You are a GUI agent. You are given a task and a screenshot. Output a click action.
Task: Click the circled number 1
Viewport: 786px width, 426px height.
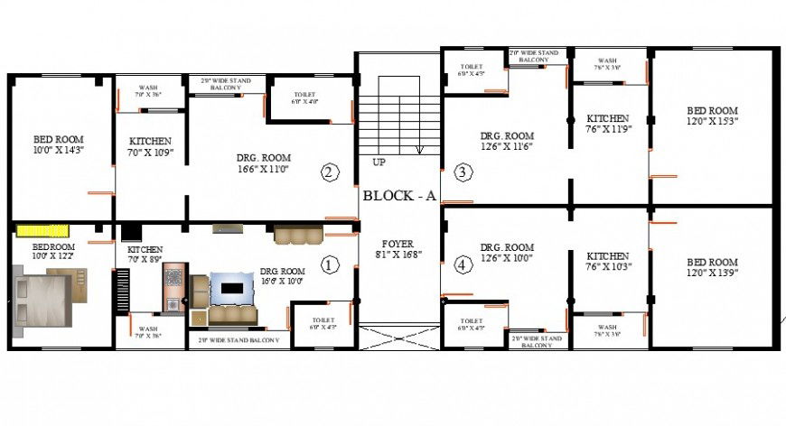(x=330, y=265)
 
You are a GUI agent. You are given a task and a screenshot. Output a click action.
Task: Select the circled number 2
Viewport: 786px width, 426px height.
(x=330, y=171)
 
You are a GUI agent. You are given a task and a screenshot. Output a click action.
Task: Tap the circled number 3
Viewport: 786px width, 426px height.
(x=463, y=171)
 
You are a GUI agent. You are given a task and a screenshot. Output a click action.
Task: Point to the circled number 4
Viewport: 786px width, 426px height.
(x=463, y=265)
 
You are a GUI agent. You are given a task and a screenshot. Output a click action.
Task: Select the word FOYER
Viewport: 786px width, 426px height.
(x=398, y=243)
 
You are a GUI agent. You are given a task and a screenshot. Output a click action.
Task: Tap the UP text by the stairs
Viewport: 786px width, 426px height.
(x=379, y=162)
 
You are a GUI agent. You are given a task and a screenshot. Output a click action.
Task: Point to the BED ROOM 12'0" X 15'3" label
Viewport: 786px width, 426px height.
(x=712, y=115)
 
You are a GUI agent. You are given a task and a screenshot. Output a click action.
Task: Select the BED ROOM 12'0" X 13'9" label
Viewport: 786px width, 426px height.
(x=712, y=268)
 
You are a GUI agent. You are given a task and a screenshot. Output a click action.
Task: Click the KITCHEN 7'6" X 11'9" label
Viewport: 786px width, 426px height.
(x=607, y=124)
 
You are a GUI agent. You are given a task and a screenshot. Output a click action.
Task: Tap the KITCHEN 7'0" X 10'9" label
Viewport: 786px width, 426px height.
(x=150, y=146)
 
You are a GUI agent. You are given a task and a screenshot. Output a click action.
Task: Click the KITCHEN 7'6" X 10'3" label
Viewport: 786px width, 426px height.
(x=607, y=262)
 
